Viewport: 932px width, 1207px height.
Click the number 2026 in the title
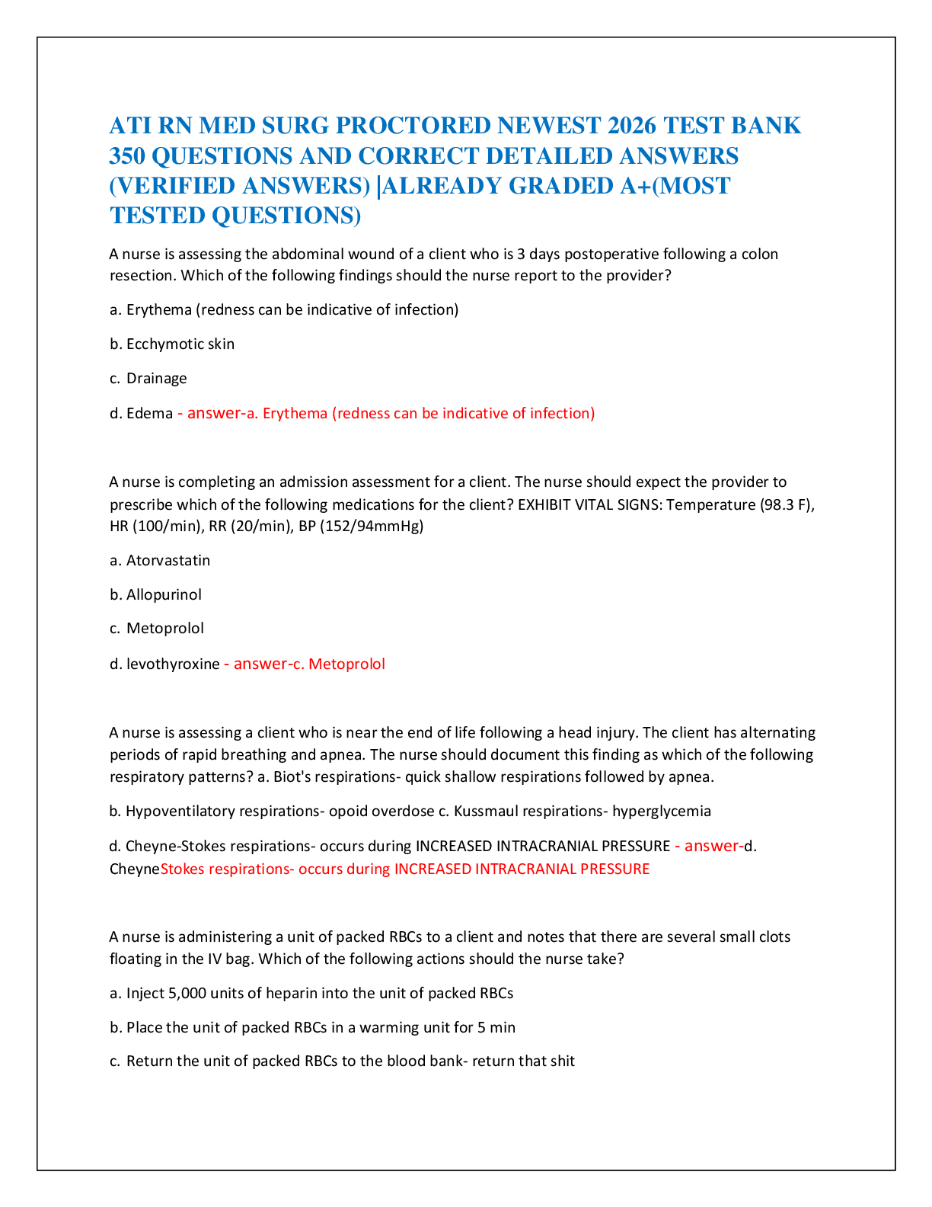tap(631, 126)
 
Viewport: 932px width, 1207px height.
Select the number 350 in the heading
tap(127, 155)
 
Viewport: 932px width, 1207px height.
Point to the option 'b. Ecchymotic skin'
tap(172, 344)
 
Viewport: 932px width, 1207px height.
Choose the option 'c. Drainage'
tap(148, 379)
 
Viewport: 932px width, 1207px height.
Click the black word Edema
tap(150, 413)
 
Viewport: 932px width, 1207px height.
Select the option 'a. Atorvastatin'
tap(160, 561)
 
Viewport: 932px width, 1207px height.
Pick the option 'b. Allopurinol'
tap(155, 595)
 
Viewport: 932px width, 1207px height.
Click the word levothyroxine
tap(173, 664)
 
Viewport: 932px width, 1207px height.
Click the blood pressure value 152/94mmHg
tap(372, 526)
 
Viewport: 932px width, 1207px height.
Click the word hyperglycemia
tap(662, 812)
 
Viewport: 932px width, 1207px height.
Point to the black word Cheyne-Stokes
tap(175, 846)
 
